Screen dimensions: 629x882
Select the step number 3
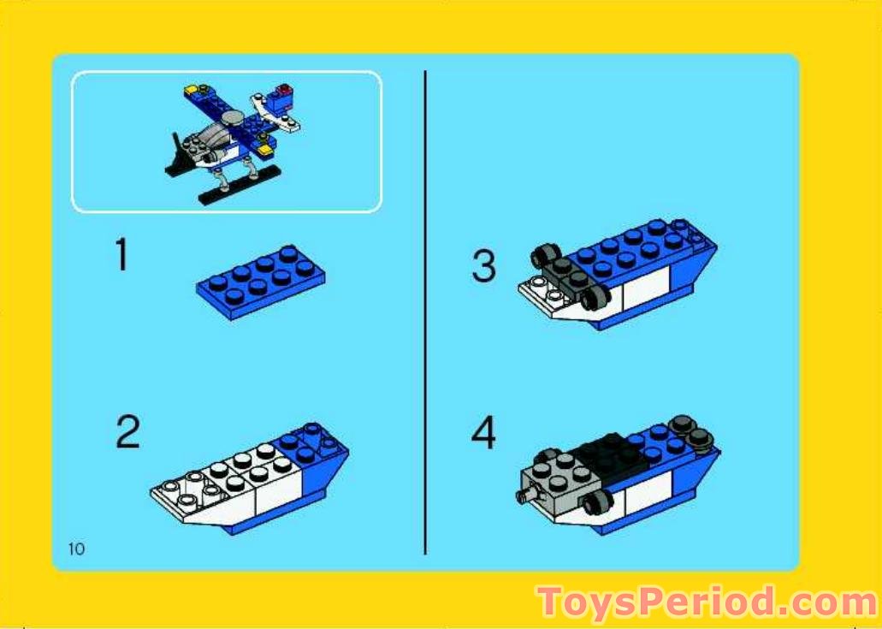pyautogui.click(x=483, y=266)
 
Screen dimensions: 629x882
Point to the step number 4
pyautogui.click(x=483, y=433)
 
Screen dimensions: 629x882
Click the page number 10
pyautogui.click(x=76, y=549)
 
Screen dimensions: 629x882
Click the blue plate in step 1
pyautogui.click(x=260, y=282)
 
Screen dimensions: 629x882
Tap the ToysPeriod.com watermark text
pyautogui.click(x=706, y=603)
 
